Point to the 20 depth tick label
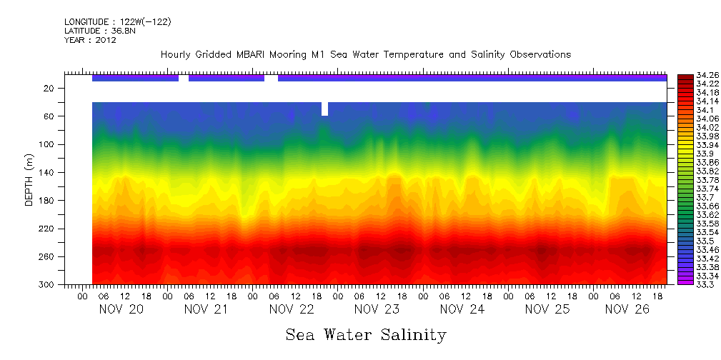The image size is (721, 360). [49, 89]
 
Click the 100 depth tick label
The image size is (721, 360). [47, 144]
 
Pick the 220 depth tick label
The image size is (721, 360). [47, 229]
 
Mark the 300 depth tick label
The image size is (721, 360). [47, 284]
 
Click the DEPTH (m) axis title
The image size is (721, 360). [29, 181]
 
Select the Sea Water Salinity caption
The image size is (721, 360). [366, 335]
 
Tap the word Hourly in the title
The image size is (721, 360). [175, 54]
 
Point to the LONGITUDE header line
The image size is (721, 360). [117, 21]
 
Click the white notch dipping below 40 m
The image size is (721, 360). [325, 109]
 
